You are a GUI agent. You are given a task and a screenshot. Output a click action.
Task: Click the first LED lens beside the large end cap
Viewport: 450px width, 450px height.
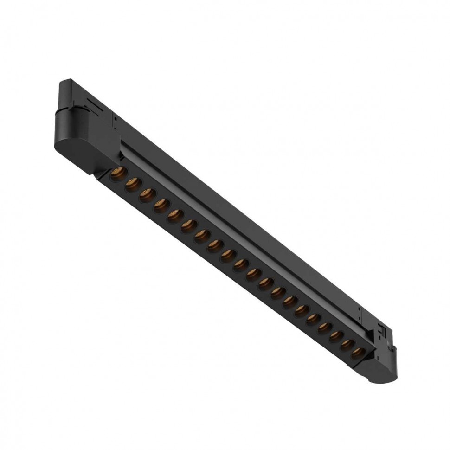pyautogui.click(x=116, y=175)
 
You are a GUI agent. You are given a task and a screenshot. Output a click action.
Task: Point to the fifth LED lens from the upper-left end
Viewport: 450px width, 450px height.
pyautogui.click(x=174, y=214)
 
